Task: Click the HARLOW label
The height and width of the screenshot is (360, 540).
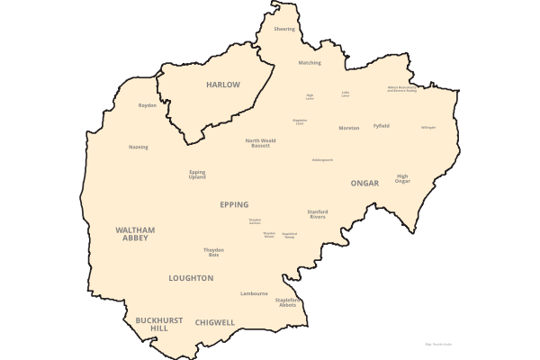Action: coord(223,85)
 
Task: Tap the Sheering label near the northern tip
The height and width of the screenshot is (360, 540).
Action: coord(284,29)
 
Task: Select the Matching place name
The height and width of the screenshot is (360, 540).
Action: coord(310,63)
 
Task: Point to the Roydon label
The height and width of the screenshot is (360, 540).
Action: coord(148,105)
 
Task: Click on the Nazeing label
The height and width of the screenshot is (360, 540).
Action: coord(139,147)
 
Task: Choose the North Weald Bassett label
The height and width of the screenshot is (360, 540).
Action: coord(264,142)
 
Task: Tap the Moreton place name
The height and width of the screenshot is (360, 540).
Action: coord(348,128)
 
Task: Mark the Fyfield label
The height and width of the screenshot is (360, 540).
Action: coord(382,126)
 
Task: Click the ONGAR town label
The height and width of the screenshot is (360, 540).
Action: coord(364,183)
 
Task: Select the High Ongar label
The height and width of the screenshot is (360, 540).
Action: coord(402,178)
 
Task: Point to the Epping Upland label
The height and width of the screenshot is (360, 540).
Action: coord(197,175)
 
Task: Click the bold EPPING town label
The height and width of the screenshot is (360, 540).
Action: coord(234,204)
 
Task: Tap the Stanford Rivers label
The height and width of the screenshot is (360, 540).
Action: coord(317,214)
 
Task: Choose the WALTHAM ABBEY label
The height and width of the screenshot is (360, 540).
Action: coord(135,234)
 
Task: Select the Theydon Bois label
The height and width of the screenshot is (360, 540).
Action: coord(213,253)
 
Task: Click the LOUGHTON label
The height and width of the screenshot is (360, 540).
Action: coord(191,278)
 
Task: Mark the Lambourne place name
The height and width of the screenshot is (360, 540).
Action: coord(254,293)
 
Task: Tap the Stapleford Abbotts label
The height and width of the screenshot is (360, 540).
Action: coord(286,302)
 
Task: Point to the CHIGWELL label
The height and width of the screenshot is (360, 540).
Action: coord(215,322)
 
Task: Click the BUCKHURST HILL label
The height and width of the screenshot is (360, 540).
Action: coord(153,324)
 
